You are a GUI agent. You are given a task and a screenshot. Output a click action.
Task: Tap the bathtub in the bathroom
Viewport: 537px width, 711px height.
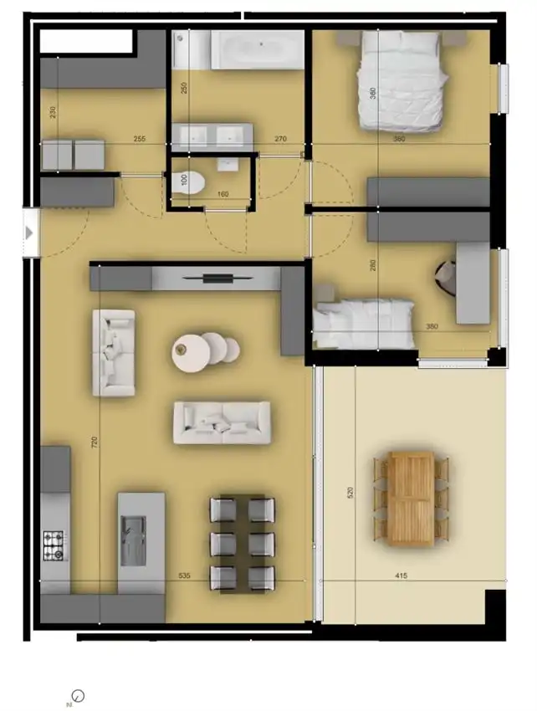click(x=257, y=49)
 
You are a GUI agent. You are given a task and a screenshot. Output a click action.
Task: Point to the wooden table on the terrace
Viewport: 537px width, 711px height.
click(x=411, y=499)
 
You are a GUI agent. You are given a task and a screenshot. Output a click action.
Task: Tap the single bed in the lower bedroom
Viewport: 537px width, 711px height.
click(x=365, y=324)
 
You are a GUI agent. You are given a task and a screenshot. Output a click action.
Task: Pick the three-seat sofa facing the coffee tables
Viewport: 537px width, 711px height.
click(x=222, y=422)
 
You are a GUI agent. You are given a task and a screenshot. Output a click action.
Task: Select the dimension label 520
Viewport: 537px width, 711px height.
click(x=350, y=493)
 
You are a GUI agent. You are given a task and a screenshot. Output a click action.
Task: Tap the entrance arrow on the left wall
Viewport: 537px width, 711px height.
click(x=29, y=233)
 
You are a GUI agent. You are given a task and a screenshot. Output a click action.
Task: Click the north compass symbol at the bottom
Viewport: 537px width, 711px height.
click(x=77, y=695)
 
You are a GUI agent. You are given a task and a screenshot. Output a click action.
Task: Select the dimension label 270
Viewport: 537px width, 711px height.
click(x=281, y=141)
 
